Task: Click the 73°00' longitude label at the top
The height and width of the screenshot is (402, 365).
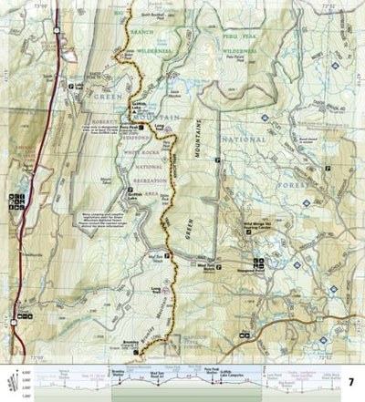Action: [65, 4]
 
